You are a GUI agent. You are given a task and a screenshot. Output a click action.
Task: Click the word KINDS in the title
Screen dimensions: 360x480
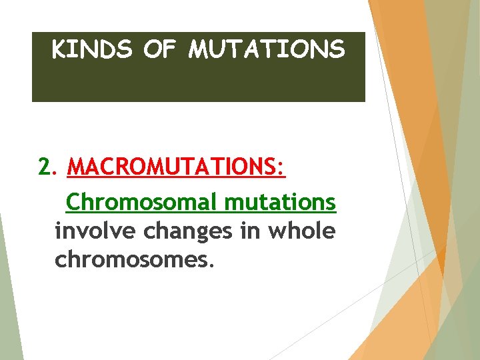coord(91,49)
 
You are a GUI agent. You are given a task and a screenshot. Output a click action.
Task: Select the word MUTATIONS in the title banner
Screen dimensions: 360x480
coord(267,49)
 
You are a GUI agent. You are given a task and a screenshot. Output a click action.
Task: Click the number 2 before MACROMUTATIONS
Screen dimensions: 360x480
coord(44,167)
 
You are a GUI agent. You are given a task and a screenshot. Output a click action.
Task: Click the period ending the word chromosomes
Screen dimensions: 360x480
coord(212,265)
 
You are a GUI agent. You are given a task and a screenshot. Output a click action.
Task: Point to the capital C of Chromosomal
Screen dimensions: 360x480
coord(74,201)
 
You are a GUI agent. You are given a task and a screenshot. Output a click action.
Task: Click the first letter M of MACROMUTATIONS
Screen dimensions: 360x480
coord(76,167)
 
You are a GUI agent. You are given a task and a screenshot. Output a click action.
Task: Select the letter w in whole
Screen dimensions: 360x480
coord(277,231)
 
